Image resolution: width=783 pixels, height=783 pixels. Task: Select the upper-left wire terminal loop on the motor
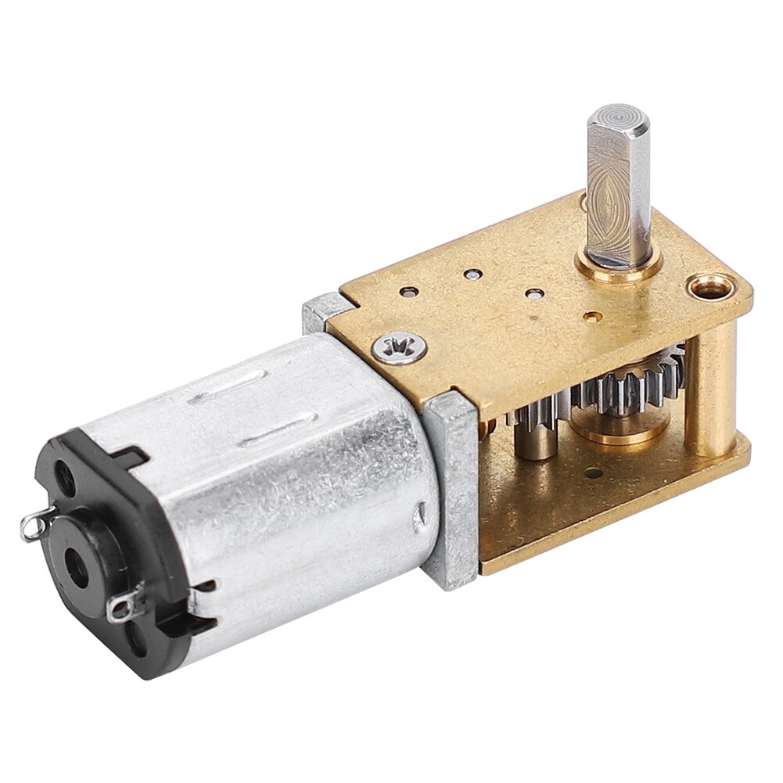click(31, 526)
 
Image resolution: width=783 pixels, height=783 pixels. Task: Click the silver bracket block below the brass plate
click(451, 489)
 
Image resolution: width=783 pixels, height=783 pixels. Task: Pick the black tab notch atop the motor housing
click(125, 454)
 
